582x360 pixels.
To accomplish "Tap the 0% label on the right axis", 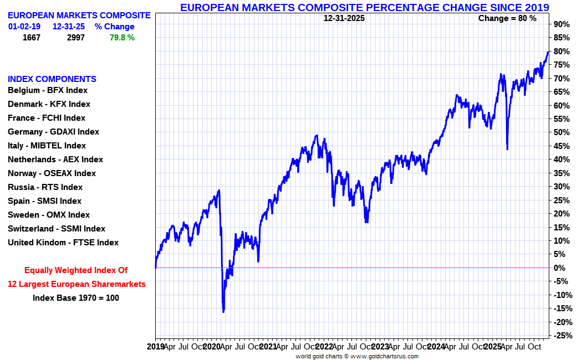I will (x=559, y=268).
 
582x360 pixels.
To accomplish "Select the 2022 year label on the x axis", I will (x=324, y=347).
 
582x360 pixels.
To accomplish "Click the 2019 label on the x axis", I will (x=156, y=347).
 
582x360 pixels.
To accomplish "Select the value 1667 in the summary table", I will (x=32, y=38).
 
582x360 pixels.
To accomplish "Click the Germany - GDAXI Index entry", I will (x=53, y=132).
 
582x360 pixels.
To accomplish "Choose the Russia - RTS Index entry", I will (x=45, y=187).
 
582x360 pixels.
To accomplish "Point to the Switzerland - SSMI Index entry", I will (x=56, y=229).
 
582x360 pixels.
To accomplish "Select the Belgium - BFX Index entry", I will (x=48, y=90).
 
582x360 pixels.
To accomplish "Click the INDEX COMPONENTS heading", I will (x=52, y=79).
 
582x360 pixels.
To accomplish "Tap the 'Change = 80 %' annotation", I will (x=507, y=18).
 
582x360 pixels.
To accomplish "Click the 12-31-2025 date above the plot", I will (x=344, y=18).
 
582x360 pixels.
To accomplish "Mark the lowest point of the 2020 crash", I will (x=223, y=312).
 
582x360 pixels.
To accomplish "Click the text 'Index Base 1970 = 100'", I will (x=76, y=298).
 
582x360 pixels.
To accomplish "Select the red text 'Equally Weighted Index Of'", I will (x=76, y=270).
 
